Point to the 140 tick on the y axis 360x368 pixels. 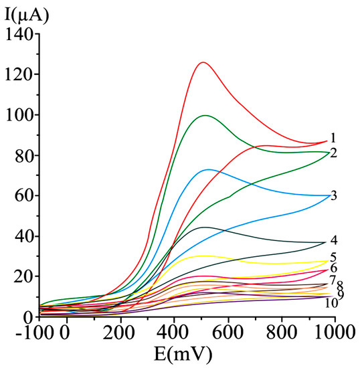click(19, 34)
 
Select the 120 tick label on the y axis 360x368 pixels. click(19, 74)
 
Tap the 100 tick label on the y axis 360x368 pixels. click(19, 115)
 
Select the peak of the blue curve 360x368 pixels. click(209, 169)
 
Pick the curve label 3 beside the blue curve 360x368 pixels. click(333, 196)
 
